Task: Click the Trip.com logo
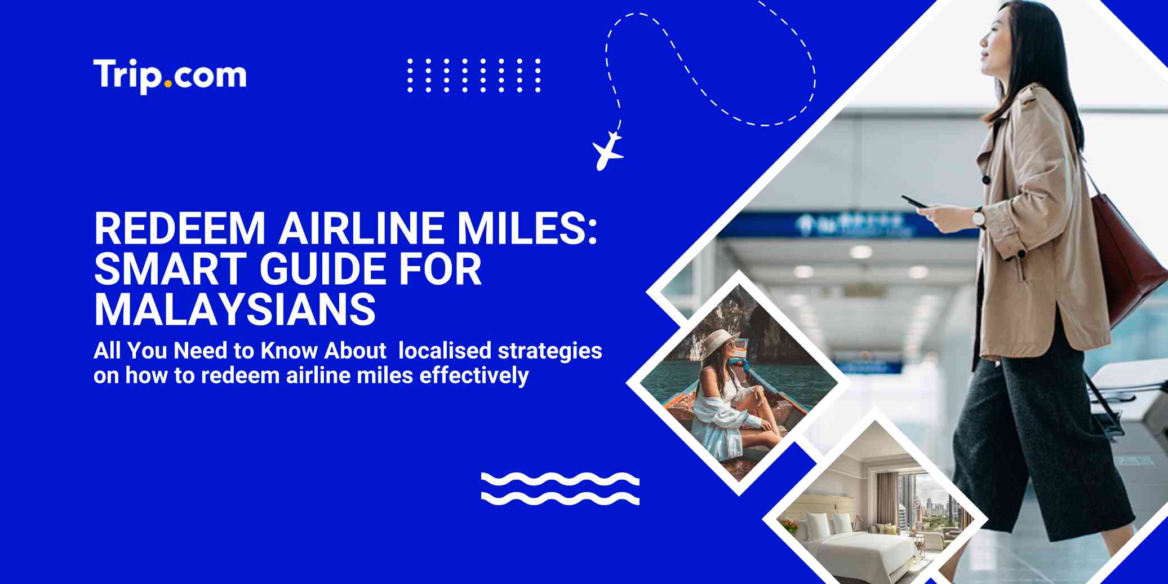click(x=170, y=76)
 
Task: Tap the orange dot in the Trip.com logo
click(x=168, y=85)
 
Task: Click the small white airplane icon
click(x=607, y=151)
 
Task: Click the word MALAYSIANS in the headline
click(x=235, y=309)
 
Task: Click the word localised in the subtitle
click(x=445, y=351)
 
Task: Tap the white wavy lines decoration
click(x=560, y=488)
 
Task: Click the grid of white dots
click(x=474, y=75)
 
